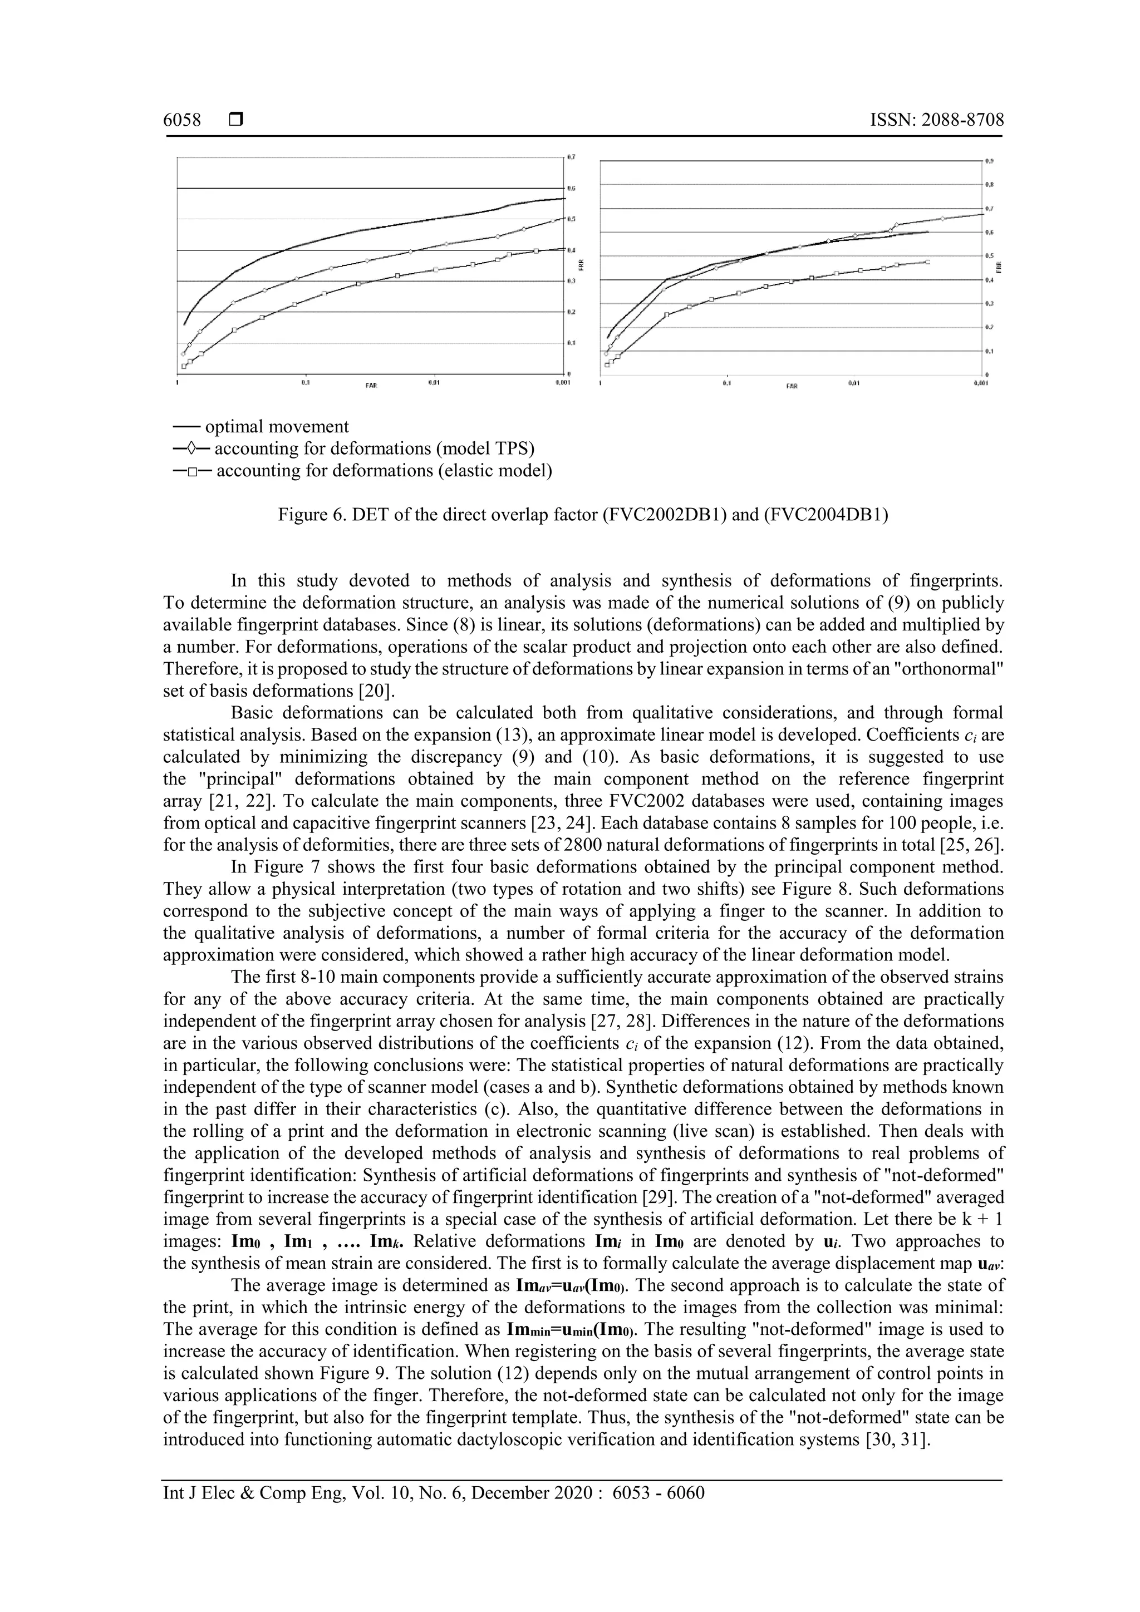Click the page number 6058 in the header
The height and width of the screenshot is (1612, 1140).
(182, 120)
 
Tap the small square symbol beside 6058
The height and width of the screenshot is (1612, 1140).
(235, 120)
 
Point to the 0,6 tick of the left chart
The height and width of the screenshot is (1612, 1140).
(572, 188)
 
